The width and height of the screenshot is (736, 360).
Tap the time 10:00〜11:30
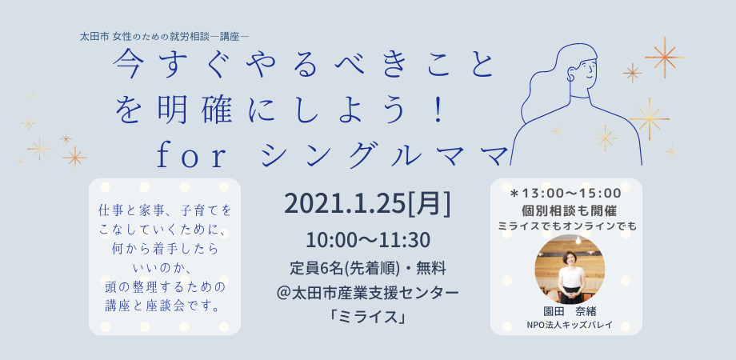tap(368, 240)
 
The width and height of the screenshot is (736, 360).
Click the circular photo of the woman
tap(570, 270)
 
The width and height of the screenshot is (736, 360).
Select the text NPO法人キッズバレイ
tap(570, 325)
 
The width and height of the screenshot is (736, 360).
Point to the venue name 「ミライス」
tap(367, 317)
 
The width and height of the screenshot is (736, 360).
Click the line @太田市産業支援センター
tap(367, 294)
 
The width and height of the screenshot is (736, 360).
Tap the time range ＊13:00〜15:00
tap(566, 193)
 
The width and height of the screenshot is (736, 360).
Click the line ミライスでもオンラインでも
tap(567, 226)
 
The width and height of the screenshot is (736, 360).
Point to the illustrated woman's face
tap(582, 71)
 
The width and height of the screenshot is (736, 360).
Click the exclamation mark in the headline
tap(439, 111)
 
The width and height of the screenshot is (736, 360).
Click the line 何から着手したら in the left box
tap(165, 250)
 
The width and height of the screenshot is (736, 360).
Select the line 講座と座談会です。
tap(165, 307)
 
